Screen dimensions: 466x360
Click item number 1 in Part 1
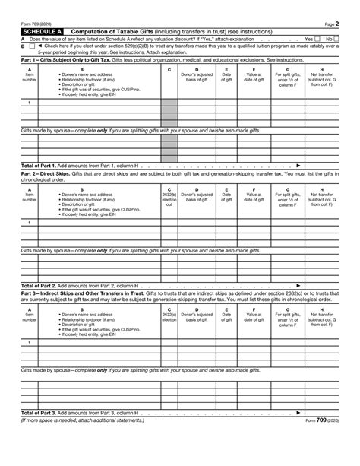(29, 103)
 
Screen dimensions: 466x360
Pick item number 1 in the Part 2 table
(29, 223)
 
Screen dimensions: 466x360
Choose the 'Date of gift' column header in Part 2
(226, 199)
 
